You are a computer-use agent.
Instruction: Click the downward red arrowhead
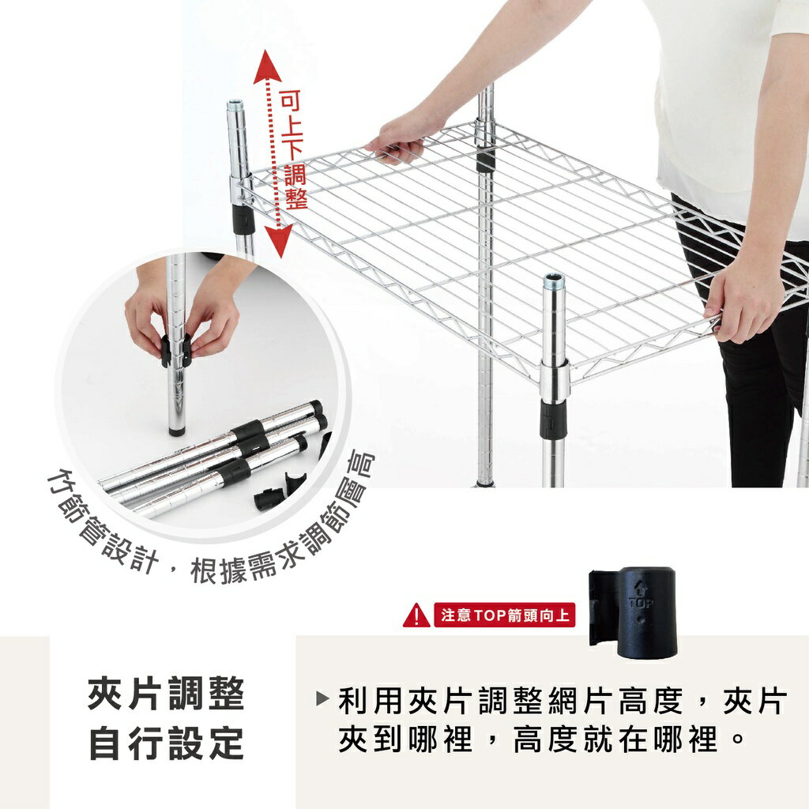pyautogui.click(x=278, y=236)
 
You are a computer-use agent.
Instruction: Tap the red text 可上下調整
pyautogui.click(x=294, y=150)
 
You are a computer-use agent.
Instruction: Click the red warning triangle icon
pyautogui.click(x=416, y=615)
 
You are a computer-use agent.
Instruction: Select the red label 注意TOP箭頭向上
pyautogui.click(x=504, y=615)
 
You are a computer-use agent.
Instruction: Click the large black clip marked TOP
pyautogui.click(x=634, y=611)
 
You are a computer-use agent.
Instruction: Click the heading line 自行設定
pyautogui.click(x=166, y=743)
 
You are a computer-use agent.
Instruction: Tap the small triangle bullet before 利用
pyautogui.click(x=322, y=699)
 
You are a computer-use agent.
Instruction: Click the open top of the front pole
pyautogui.click(x=554, y=279)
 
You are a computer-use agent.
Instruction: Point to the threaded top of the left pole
pyautogui.click(x=235, y=107)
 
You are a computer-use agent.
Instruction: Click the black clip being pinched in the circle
pyautogui.click(x=176, y=352)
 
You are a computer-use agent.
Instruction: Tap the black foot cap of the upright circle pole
pyautogui.click(x=176, y=431)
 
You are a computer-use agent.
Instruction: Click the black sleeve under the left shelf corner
pyautogui.click(x=242, y=219)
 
